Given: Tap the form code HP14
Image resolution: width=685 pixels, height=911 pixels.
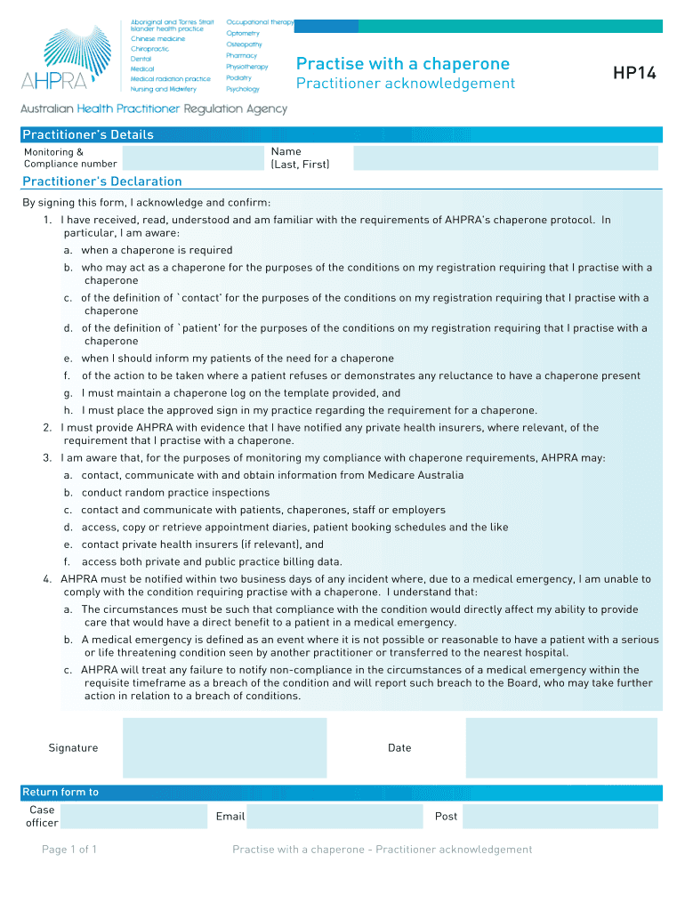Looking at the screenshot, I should click(x=634, y=74).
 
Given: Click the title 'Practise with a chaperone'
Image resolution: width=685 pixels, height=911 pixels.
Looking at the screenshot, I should click(x=402, y=64).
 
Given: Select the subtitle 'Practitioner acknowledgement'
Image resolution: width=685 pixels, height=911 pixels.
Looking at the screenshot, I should click(x=405, y=84).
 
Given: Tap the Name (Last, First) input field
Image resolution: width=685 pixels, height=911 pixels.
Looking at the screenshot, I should click(x=505, y=158).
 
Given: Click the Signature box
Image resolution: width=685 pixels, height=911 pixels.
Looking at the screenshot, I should click(x=224, y=748).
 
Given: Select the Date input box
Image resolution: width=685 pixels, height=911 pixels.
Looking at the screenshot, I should click(x=561, y=748).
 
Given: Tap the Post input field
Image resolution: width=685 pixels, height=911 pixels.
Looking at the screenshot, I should click(x=560, y=817).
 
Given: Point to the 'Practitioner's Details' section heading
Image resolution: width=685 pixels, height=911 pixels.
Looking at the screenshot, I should click(x=88, y=135).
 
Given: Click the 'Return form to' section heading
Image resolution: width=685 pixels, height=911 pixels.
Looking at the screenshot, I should click(x=60, y=793).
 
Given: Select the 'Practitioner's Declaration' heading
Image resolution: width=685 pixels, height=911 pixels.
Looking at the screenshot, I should click(x=101, y=181).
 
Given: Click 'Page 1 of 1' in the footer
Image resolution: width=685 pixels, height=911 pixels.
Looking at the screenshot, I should click(x=69, y=850).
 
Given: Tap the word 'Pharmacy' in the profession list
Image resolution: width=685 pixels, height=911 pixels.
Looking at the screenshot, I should click(x=241, y=55).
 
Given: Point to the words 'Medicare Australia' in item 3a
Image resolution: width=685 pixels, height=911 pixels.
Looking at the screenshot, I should click(x=415, y=475).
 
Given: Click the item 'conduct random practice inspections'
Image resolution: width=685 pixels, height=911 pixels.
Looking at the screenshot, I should click(x=175, y=493).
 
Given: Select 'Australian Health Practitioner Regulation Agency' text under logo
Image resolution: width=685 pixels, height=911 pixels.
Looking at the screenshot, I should click(x=155, y=109).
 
